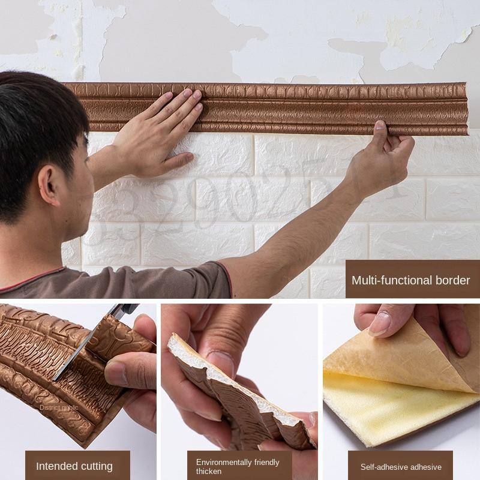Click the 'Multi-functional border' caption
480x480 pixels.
tap(410, 280)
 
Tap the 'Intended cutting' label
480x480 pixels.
tap(74, 466)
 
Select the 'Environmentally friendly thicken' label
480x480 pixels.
tap(238, 466)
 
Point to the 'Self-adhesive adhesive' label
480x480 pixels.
tap(401, 467)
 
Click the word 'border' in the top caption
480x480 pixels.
tap(454, 280)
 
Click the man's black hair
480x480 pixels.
tap(36, 120)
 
